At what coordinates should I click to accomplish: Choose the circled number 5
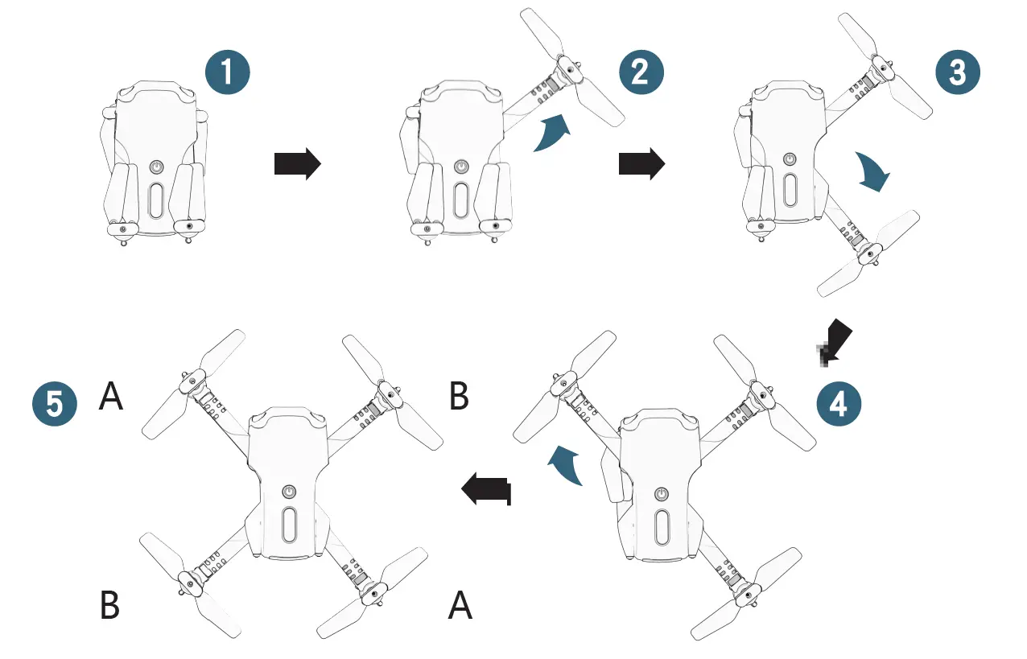55,403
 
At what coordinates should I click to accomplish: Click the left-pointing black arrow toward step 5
486,489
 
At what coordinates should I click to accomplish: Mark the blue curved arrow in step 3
873,171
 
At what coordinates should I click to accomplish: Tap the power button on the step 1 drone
156,168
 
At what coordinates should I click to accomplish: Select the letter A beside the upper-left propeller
111,396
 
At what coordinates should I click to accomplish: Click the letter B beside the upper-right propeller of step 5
459,396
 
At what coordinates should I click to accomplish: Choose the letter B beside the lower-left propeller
110,605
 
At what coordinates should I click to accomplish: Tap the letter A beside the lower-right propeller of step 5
460,605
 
